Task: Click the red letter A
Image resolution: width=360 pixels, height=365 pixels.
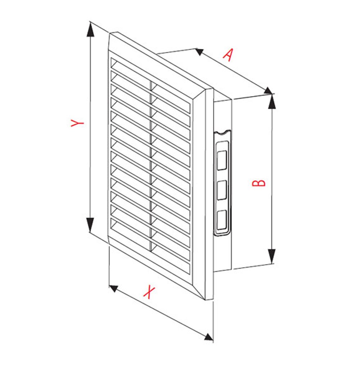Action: point(229,55)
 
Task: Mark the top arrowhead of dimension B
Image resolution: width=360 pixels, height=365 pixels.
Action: point(272,102)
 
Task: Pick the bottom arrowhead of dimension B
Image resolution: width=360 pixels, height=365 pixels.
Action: point(272,256)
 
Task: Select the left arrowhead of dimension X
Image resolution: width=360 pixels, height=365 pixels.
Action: point(114,288)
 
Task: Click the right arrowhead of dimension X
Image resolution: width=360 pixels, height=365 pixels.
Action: point(208,337)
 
